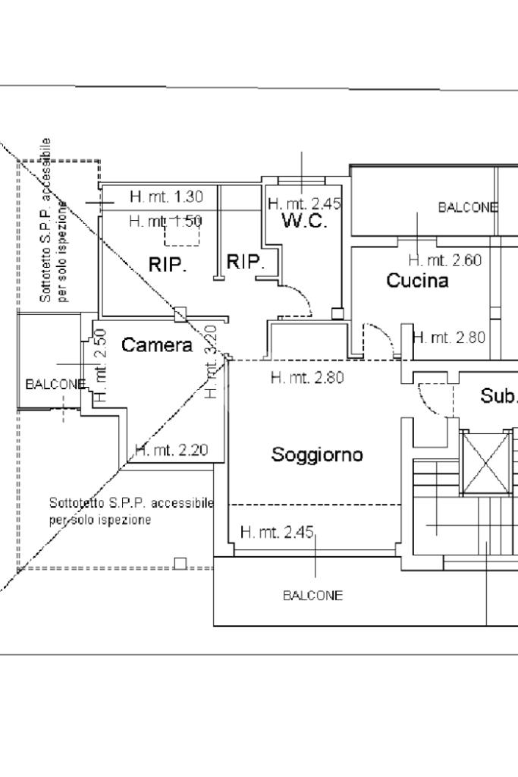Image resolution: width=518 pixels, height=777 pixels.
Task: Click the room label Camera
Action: (x=157, y=345)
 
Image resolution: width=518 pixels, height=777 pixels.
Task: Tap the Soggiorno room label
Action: (x=317, y=455)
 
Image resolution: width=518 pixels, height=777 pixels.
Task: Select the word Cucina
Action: (x=417, y=281)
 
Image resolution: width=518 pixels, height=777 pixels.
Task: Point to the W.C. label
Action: (x=304, y=222)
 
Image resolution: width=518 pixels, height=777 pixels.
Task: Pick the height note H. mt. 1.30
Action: (x=166, y=197)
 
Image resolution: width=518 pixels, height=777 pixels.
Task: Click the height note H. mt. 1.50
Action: (x=165, y=222)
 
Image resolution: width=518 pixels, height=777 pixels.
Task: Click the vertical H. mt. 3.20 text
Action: (x=212, y=361)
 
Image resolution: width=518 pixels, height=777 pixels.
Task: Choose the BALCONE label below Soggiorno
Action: (x=312, y=596)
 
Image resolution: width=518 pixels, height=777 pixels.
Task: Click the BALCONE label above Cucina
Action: (x=468, y=207)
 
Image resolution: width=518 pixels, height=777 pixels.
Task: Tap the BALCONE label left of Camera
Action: (x=55, y=385)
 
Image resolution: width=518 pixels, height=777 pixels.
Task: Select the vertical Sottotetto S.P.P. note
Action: (x=54, y=220)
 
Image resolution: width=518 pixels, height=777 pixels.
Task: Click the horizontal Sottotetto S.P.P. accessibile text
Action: (x=130, y=503)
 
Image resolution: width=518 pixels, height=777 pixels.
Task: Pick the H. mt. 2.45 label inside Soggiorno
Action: (x=277, y=533)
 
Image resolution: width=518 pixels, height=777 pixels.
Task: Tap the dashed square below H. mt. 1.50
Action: (x=181, y=234)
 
